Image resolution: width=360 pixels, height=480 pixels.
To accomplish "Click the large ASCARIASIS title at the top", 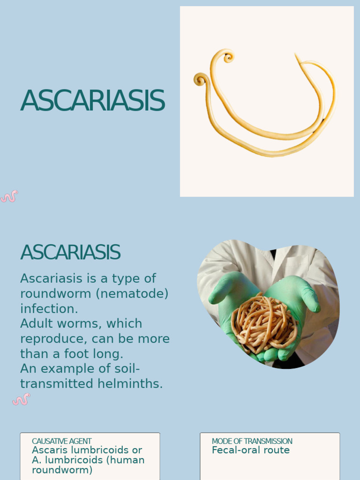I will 92,101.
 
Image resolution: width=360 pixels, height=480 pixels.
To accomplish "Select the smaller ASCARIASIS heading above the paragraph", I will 70,253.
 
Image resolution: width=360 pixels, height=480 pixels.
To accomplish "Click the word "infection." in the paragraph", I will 49,309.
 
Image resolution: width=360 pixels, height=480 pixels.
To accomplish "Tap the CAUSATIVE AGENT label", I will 61,441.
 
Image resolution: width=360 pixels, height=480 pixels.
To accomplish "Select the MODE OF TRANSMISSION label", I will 252,441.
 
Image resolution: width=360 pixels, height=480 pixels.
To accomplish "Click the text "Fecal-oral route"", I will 250,450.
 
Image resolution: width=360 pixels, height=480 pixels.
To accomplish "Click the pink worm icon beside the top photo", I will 9,196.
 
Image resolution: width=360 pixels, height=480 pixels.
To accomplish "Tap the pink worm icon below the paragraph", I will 21,399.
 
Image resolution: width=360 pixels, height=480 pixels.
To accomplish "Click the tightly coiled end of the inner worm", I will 228,57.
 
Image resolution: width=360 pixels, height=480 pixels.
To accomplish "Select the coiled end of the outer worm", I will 201,80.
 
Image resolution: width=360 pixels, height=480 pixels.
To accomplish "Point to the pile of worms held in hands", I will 263,323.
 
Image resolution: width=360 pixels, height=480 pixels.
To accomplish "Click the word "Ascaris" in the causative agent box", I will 48,450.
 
